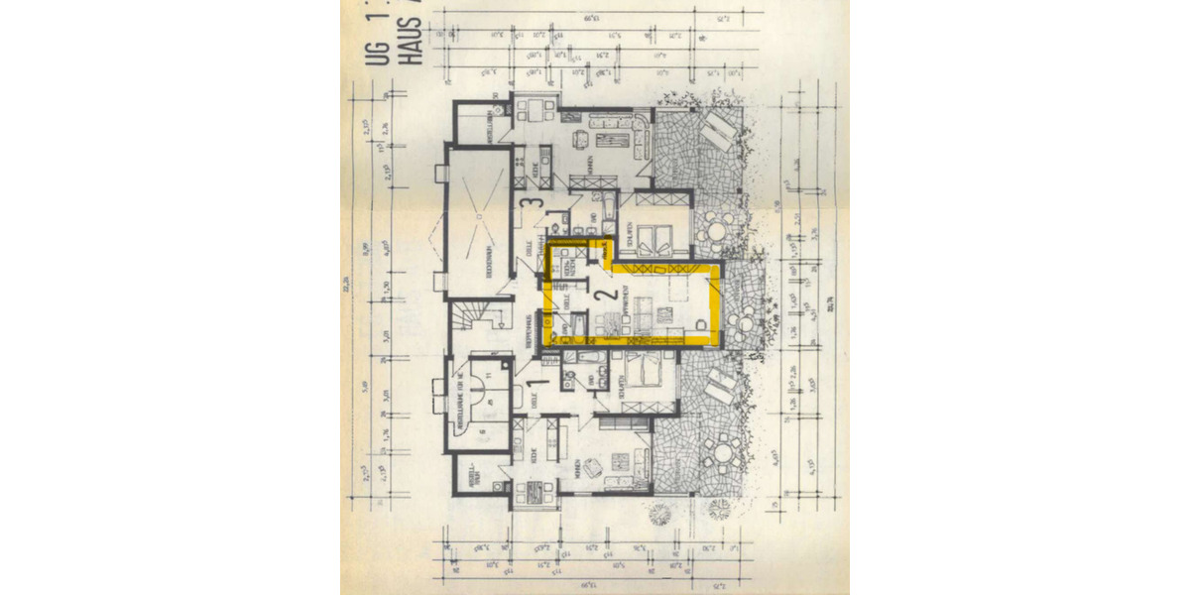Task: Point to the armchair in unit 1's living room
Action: tap(617, 462)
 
